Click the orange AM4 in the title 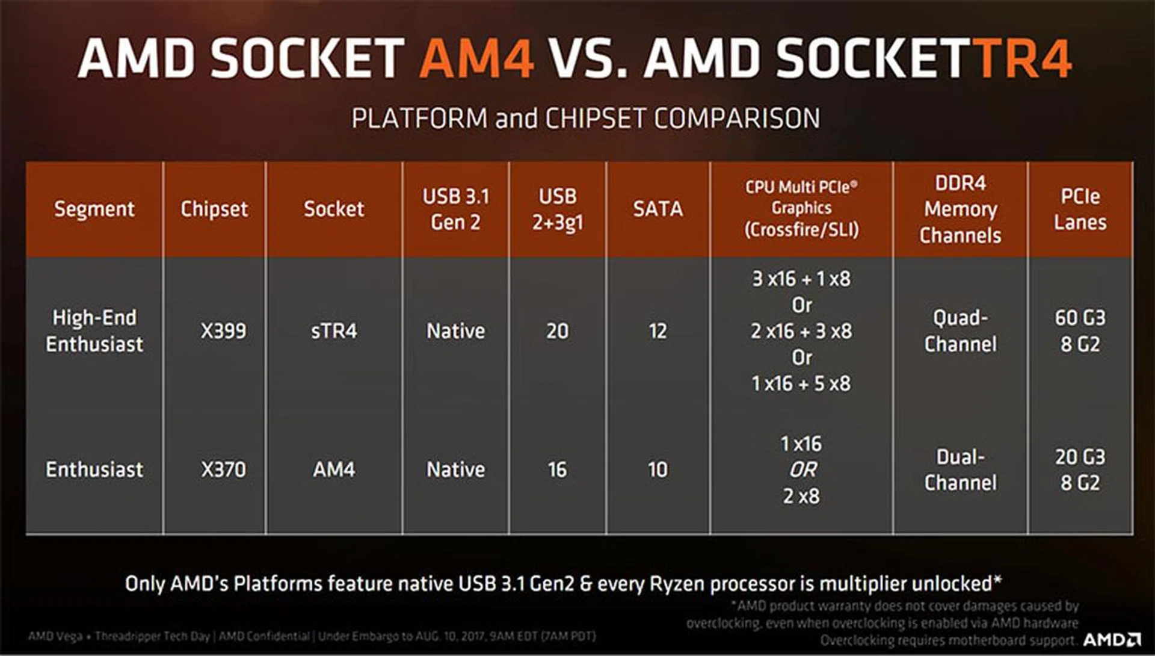(476, 58)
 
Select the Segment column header (94, 209)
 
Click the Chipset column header (214, 209)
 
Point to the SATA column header (658, 209)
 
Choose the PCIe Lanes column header (1080, 209)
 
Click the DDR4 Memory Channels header (960, 209)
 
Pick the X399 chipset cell (223, 331)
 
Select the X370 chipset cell (223, 469)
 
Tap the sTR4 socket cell (334, 331)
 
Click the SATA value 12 (658, 331)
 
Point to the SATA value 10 (658, 469)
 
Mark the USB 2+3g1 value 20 (557, 331)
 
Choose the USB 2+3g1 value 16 (557, 469)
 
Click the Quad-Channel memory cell (960, 331)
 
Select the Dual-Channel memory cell (960, 469)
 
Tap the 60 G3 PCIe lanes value (1080, 318)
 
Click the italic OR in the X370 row (802, 469)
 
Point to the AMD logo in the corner (1112, 640)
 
